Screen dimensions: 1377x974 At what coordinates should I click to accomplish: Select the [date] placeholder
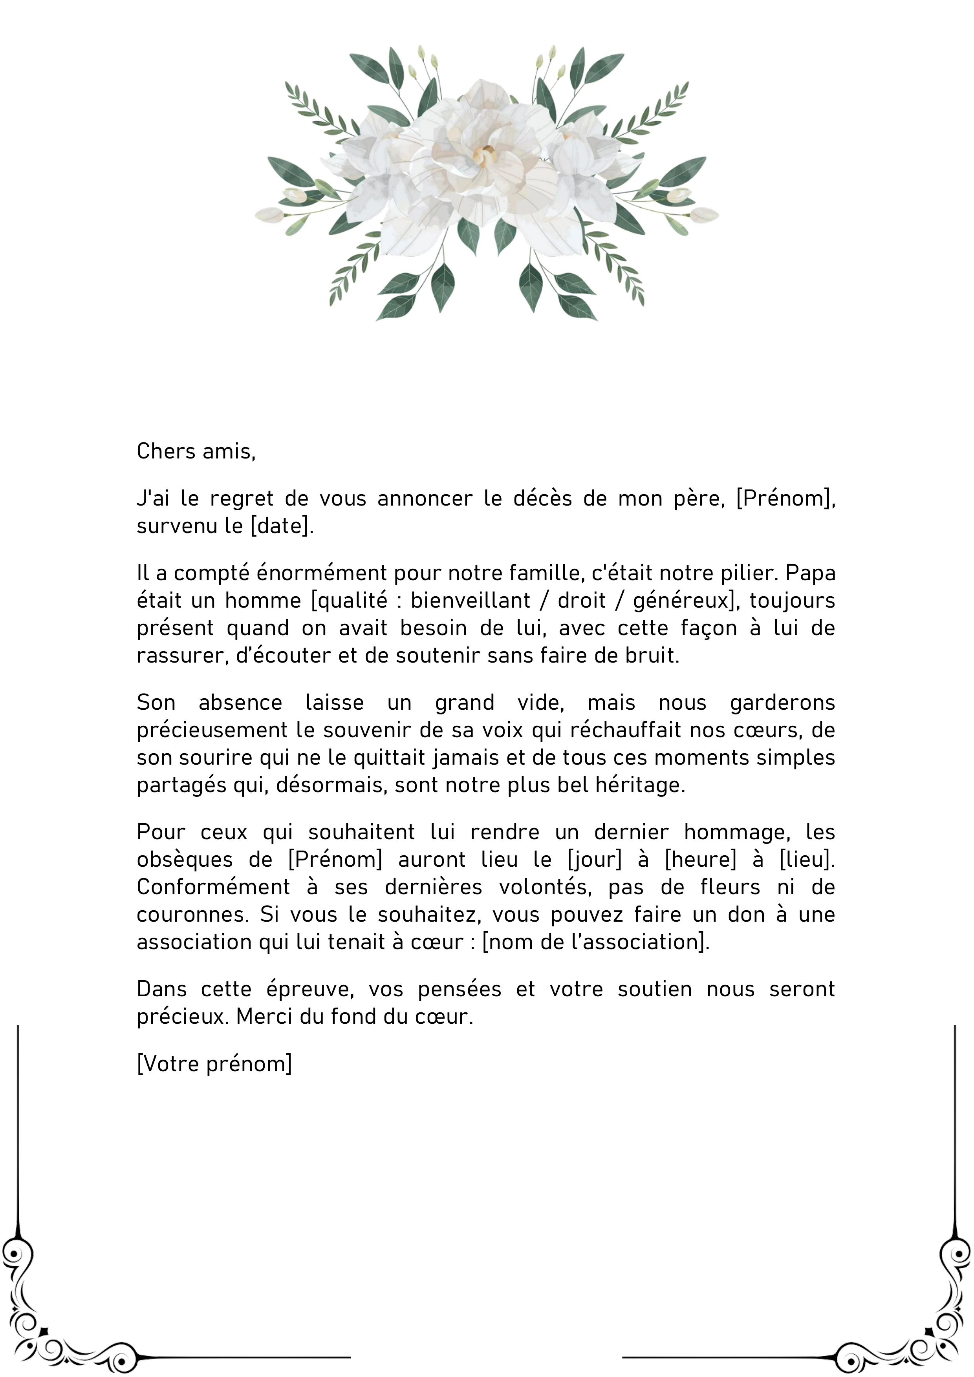281,526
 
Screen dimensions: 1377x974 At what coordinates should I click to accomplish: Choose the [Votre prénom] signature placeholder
214,1064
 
